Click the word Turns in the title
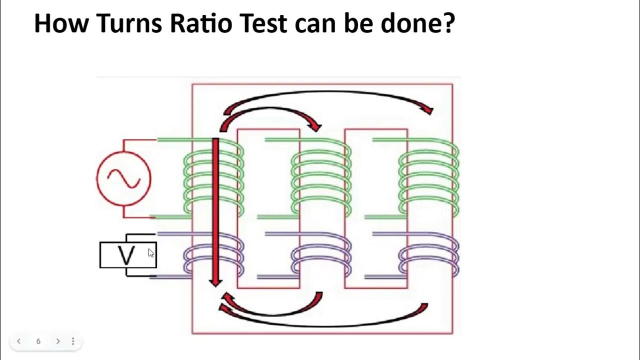[129, 23]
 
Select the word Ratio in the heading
[201, 23]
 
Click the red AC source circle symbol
[123, 178]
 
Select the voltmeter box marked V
[128, 255]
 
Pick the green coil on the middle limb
[321, 177]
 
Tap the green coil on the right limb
[428, 177]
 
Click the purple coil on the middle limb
[321, 255]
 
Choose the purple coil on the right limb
[428, 255]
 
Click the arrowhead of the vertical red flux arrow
[215, 282]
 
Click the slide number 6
[38, 341]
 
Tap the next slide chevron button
[58, 341]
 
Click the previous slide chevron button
[18, 341]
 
